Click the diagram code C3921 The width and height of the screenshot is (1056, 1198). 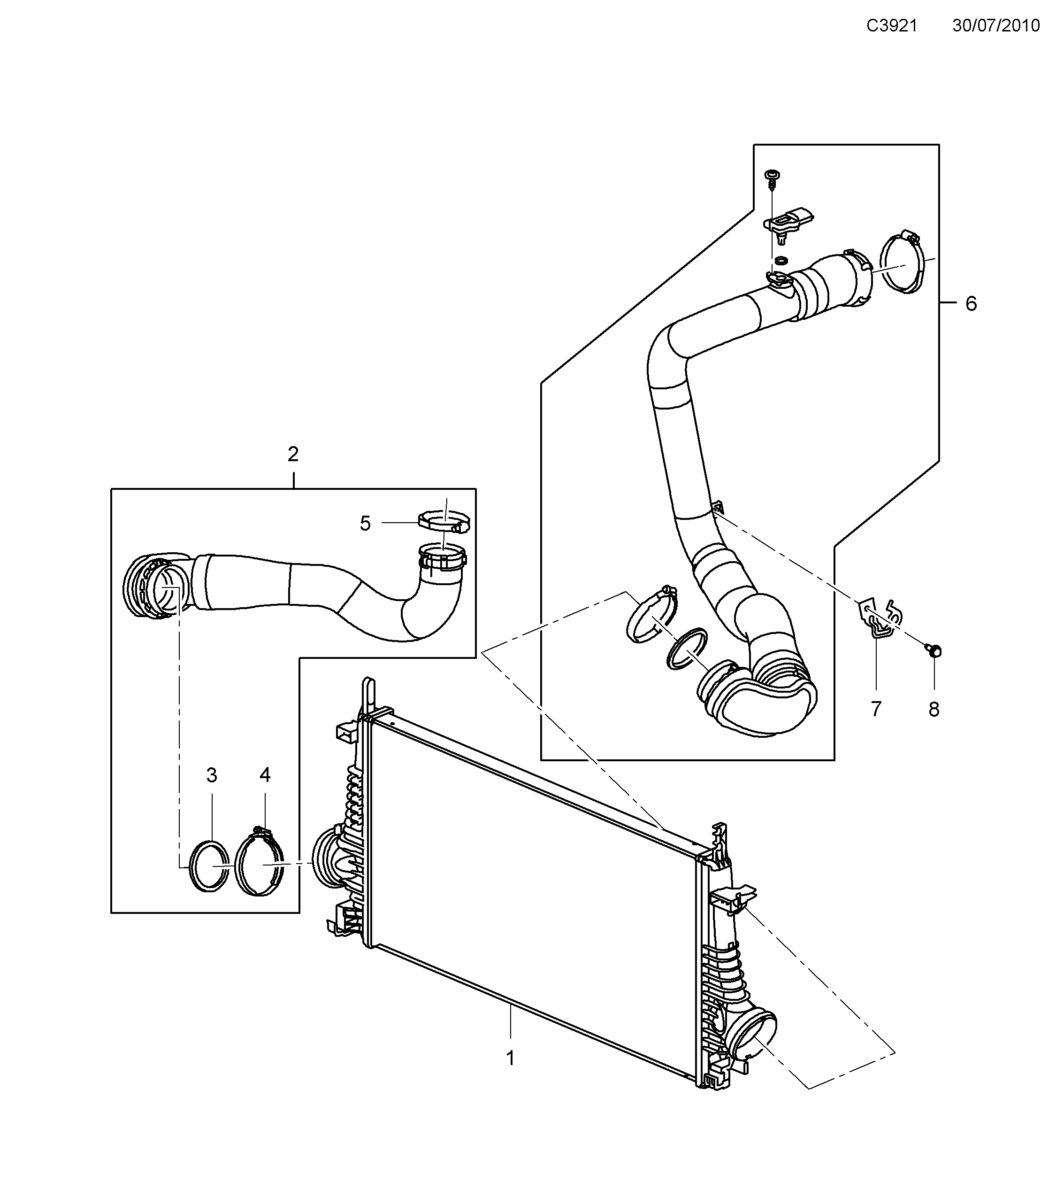(x=891, y=26)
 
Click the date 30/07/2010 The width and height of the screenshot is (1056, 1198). (x=995, y=26)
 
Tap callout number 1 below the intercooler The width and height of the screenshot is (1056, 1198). (x=510, y=1059)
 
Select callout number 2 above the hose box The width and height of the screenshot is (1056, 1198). (x=293, y=454)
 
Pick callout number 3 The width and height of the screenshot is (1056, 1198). (x=211, y=775)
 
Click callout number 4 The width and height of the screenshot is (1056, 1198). (x=265, y=775)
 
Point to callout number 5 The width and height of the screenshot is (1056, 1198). (x=365, y=524)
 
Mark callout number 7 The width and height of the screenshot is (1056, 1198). (x=876, y=710)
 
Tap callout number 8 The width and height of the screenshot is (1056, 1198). (x=934, y=710)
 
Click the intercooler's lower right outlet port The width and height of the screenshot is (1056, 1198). (x=756, y=1039)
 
